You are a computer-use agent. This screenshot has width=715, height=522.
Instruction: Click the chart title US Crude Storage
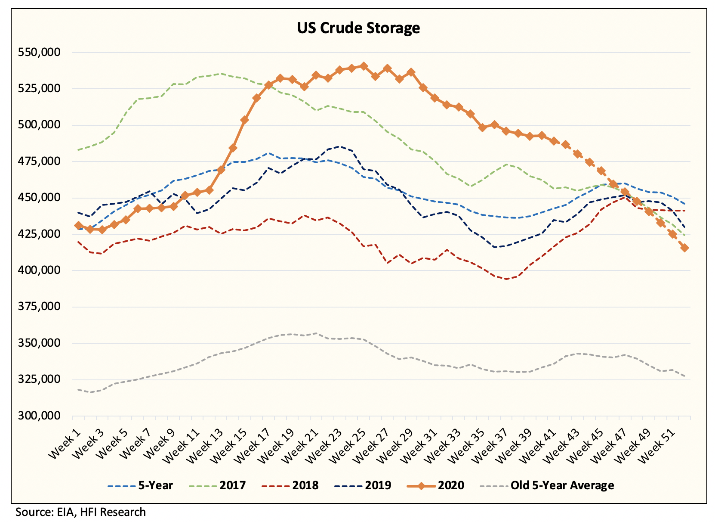pos(358,28)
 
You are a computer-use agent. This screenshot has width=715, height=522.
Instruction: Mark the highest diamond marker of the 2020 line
pos(364,66)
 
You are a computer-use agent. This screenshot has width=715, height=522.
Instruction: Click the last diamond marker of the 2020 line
pos(684,248)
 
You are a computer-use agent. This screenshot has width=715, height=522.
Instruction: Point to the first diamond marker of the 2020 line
pos(78,225)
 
